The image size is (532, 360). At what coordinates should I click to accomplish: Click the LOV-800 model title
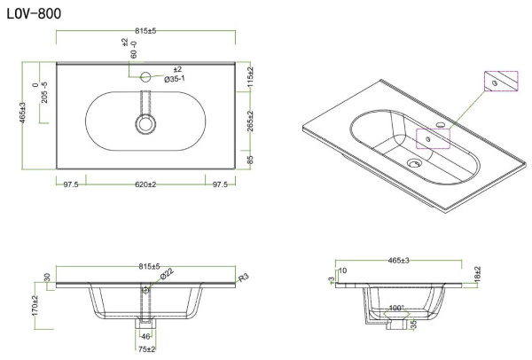(x=34, y=13)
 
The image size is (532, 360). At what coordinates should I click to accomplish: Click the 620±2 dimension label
(x=145, y=184)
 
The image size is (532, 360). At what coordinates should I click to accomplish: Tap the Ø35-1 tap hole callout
(x=175, y=79)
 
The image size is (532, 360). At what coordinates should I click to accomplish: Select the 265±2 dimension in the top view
(x=250, y=121)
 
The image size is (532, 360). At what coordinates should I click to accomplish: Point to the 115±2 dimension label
(x=250, y=77)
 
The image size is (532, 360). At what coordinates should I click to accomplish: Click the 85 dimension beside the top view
(x=250, y=160)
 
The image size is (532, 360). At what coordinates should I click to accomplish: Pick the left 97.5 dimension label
(x=71, y=184)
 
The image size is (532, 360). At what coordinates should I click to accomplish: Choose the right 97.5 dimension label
(x=220, y=184)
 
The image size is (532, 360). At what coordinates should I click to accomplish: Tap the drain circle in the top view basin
(x=146, y=124)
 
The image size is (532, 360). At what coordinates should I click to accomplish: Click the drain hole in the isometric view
(x=414, y=163)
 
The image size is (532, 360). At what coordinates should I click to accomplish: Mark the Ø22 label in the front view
(x=167, y=273)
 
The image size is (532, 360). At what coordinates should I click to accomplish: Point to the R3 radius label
(x=244, y=278)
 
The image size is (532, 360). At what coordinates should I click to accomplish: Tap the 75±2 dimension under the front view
(x=146, y=349)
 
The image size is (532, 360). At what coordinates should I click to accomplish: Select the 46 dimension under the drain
(x=145, y=337)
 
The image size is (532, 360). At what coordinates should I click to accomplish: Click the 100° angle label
(x=396, y=308)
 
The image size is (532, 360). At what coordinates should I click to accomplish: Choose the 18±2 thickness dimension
(x=477, y=274)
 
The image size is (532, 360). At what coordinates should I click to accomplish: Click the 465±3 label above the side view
(x=399, y=261)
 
